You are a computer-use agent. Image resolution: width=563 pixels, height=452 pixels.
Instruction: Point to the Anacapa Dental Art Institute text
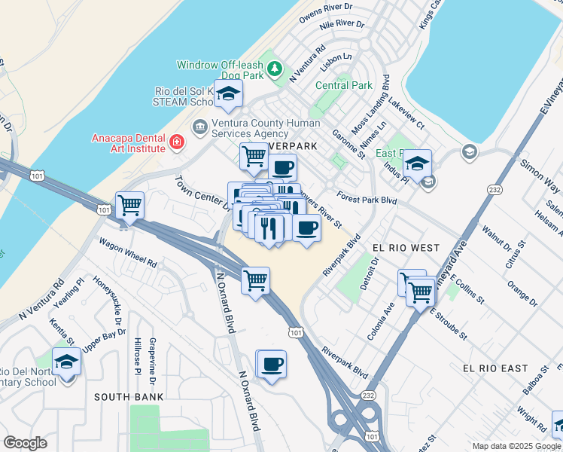(128, 143)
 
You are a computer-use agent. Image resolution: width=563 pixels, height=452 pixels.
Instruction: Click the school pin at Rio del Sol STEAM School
(228, 95)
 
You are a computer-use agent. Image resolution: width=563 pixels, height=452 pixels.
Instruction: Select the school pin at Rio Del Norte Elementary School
(66, 362)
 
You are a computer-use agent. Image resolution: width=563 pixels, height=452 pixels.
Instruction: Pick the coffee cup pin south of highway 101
(272, 365)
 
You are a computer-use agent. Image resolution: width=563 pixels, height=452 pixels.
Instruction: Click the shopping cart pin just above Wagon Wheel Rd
(130, 205)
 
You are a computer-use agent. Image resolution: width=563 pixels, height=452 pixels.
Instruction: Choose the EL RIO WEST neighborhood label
(405, 247)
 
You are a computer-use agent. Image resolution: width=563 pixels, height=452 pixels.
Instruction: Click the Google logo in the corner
(26, 443)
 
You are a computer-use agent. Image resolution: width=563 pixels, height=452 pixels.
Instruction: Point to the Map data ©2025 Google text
(516, 446)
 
